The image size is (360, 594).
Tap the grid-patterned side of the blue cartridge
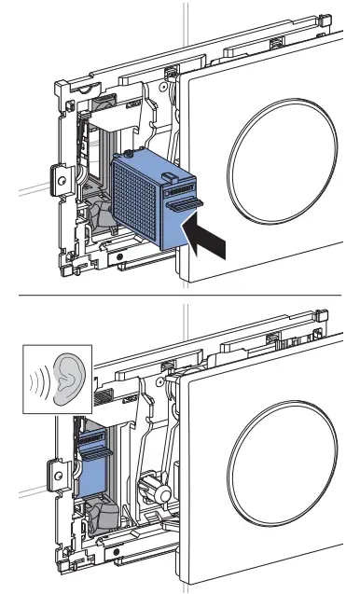137,195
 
